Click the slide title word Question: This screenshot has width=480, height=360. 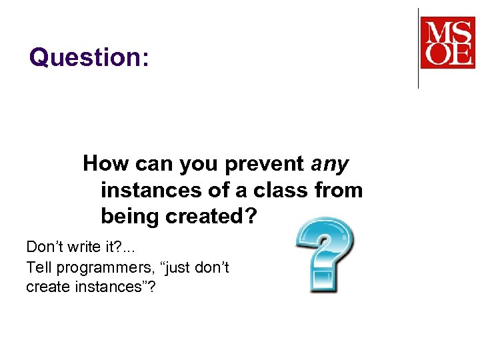89,58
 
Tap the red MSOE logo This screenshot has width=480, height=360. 447,42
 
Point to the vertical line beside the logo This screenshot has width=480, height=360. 418,48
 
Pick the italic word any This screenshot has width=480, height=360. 331,163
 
